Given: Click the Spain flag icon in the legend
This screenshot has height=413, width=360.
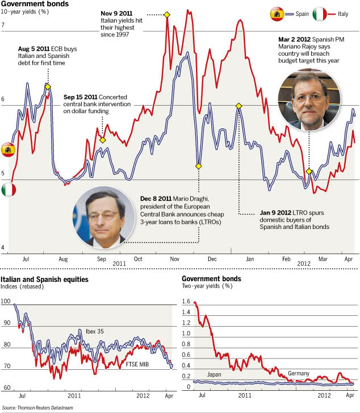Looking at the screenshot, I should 277,14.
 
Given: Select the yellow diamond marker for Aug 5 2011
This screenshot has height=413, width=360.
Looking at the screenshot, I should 48,86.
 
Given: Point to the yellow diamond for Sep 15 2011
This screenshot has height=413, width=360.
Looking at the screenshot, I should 103,140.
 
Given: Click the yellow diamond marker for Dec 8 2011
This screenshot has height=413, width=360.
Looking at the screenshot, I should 199,166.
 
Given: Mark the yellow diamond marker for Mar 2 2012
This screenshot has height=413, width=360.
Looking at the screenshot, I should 309,171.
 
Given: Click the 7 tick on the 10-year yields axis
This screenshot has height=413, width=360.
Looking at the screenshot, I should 3,25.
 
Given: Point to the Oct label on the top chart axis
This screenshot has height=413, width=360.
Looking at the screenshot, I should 138,259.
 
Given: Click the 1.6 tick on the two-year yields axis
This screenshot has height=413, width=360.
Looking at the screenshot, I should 186,303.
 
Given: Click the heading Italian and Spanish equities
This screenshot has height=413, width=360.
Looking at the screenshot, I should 45,279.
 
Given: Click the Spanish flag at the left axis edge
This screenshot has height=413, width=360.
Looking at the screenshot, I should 8,149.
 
